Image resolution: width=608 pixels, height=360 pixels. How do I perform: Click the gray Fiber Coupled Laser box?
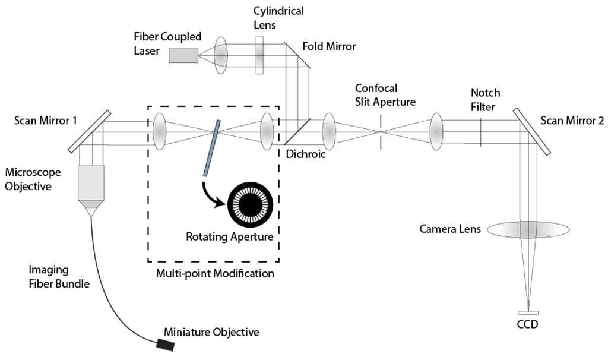(183, 55)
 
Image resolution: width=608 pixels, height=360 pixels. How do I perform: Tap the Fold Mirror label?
(329, 46)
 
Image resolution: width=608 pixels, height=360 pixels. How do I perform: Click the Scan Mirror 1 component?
(92, 130)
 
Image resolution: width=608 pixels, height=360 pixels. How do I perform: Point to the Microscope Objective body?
(91, 182)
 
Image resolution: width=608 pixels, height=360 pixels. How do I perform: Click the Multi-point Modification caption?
(215, 274)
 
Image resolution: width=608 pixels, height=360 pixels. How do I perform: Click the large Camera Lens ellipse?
(528, 229)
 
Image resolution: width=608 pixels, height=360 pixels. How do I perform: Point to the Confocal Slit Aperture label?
(384, 94)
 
